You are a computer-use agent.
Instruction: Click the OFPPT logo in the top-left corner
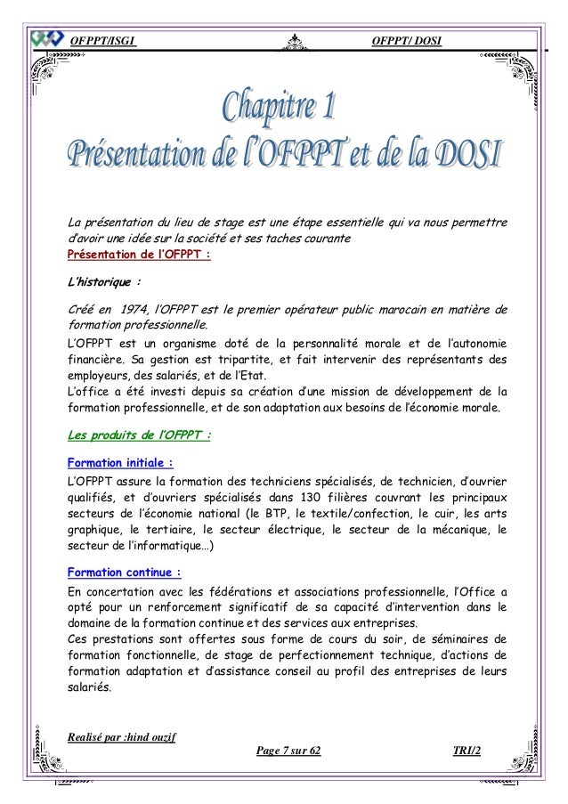(x=45, y=40)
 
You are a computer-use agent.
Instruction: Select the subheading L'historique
(x=104, y=285)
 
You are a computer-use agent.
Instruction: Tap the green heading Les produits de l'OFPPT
(x=140, y=436)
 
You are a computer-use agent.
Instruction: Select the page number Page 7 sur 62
(x=288, y=752)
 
